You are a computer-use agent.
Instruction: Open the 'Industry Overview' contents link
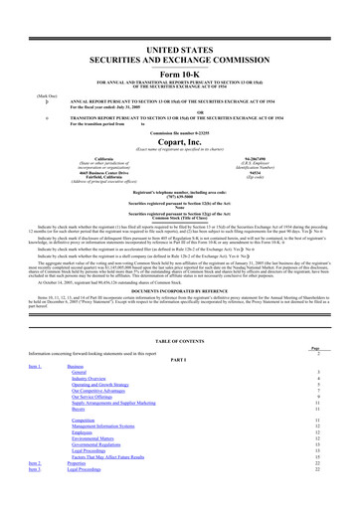point(90,378)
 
